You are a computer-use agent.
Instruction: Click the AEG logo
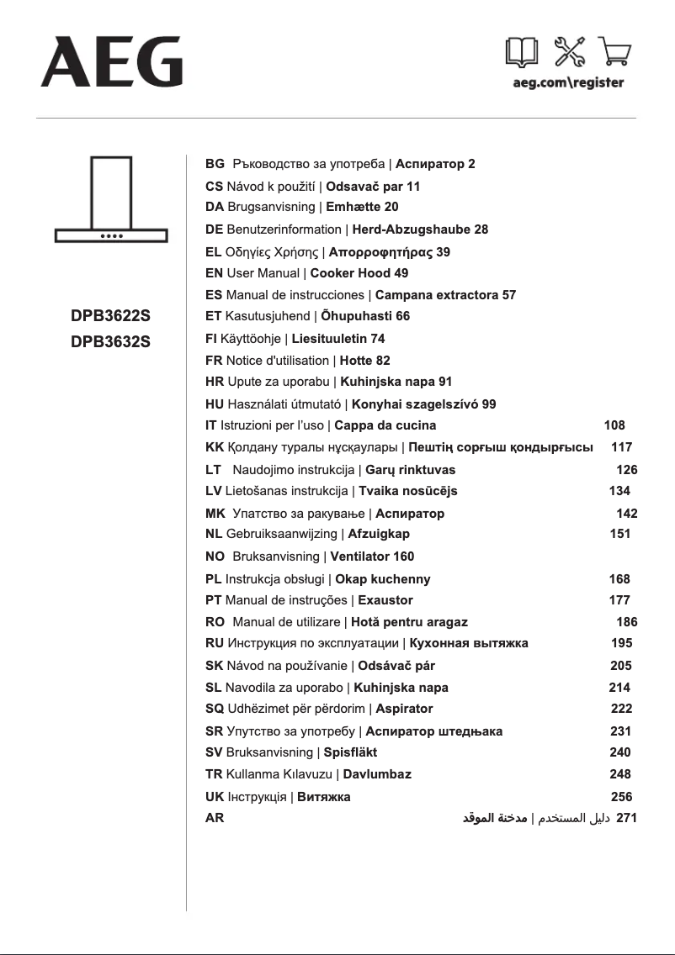(x=112, y=61)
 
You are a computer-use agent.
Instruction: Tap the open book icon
(x=522, y=54)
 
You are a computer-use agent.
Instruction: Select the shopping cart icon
(x=614, y=54)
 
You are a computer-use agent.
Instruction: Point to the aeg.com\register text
(x=568, y=83)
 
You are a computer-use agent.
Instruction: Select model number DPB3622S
(x=111, y=317)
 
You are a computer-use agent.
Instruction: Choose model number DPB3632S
(x=111, y=342)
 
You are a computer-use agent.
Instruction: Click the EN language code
(x=214, y=273)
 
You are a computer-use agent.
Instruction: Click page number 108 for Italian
(x=615, y=426)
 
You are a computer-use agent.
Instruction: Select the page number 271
(x=627, y=817)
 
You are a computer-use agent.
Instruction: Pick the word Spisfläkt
(x=350, y=752)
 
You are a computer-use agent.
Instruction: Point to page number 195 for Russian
(x=622, y=643)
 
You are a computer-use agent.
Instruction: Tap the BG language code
(x=215, y=164)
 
